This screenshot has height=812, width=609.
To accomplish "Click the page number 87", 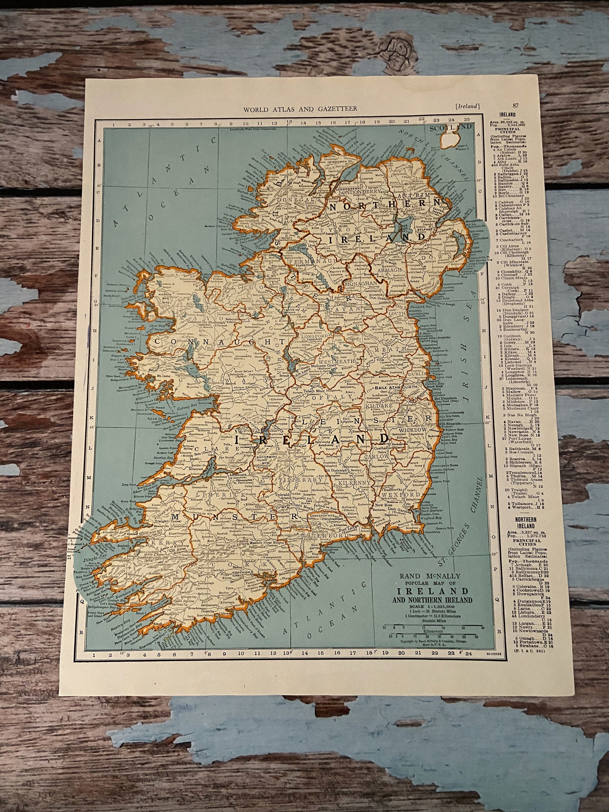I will pyautogui.click(x=516, y=106).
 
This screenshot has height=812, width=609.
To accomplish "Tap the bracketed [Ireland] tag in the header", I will pyautogui.click(x=467, y=106).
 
